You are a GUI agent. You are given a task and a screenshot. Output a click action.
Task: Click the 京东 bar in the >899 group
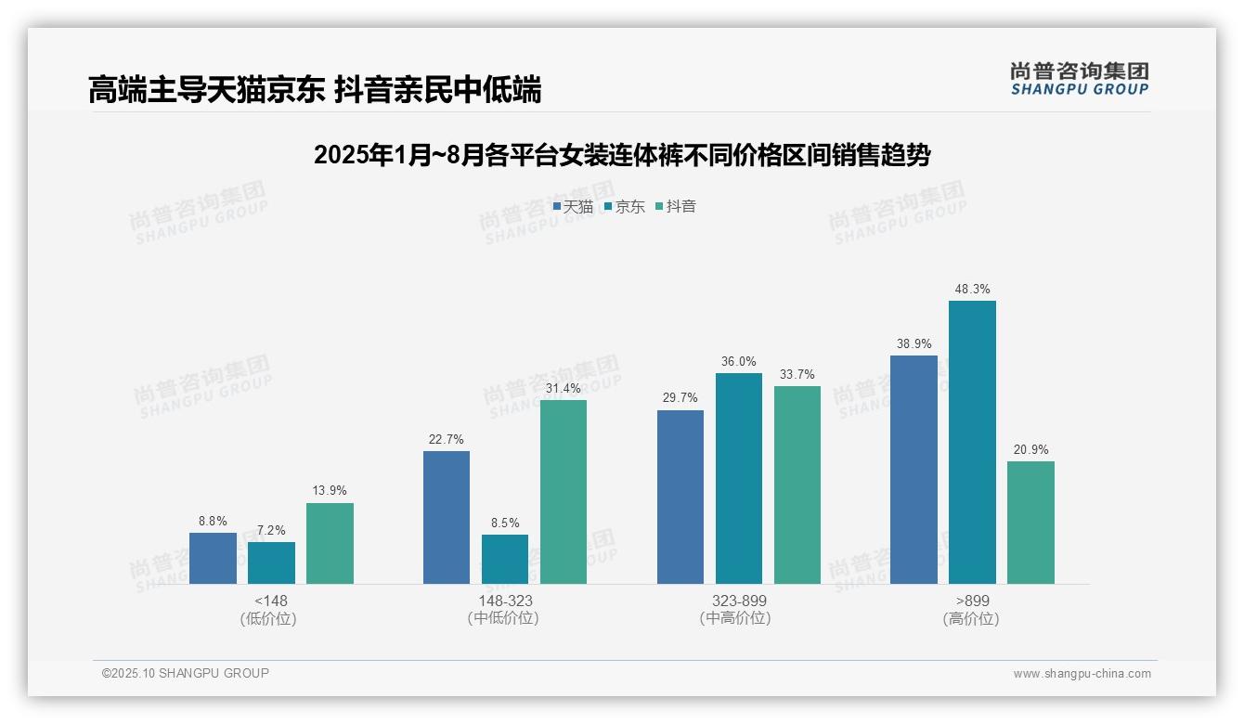[x=972, y=442]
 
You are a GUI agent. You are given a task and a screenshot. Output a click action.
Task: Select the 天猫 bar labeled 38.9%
[x=914, y=470]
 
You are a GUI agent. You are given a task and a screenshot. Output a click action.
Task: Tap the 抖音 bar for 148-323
[x=564, y=492]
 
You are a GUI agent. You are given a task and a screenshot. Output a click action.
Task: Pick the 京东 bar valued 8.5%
[x=505, y=559]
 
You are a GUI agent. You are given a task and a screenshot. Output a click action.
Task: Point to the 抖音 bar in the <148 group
[x=330, y=543]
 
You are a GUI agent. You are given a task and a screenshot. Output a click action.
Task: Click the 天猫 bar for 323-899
[x=680, y=497]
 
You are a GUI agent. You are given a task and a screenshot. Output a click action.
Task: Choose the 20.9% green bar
[x=1030, y=523]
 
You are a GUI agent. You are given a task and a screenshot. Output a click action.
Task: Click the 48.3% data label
[x=972, y=290]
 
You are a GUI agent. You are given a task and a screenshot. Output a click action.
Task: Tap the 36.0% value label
[x=739, y=362]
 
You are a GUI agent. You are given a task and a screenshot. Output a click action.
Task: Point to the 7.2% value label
[x=271, y=531]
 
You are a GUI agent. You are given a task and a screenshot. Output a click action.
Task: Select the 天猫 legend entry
[x=573, y=207]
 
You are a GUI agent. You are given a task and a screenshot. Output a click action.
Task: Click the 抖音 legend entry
[x=676, y=207]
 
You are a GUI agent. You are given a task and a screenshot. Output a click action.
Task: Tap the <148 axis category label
[x=271, y=601]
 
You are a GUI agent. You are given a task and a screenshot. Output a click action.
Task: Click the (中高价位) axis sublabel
[x=739, y=618]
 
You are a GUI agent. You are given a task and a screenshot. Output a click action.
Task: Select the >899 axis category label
[x=972, y=601]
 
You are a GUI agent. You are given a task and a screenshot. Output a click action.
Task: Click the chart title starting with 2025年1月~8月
[x=622, y=155]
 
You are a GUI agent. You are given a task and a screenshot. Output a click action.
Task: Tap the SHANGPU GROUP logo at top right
[x=1079, y=79]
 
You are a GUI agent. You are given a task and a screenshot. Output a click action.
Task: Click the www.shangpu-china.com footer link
[x=1082, y=674]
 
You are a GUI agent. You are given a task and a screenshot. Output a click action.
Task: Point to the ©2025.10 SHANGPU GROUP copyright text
[x=186, y=673]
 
